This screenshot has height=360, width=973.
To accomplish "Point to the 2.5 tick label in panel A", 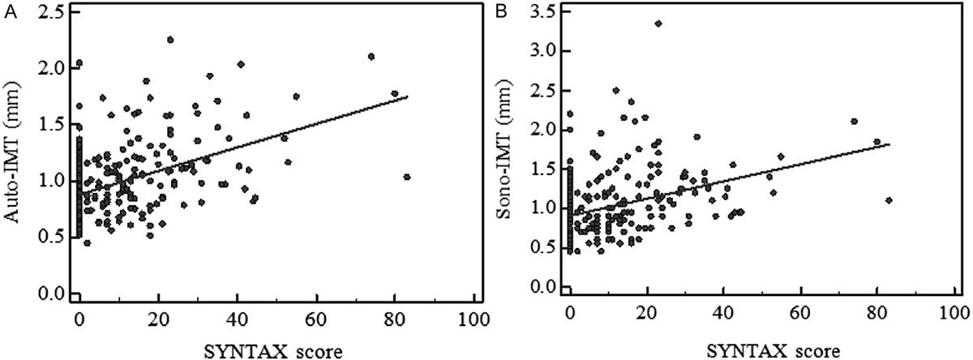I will pyautogui.click(x=54, y=12).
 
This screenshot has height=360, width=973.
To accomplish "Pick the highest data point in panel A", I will pyautogui.click(x=170, y=39).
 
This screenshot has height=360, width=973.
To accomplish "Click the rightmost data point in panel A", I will pyautogui.click(x=406, y=177).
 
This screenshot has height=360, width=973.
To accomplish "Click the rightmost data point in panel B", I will pyautogui.click(x=889, y=200).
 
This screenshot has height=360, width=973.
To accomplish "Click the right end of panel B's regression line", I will pyautogui.click(x=889, y=144).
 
